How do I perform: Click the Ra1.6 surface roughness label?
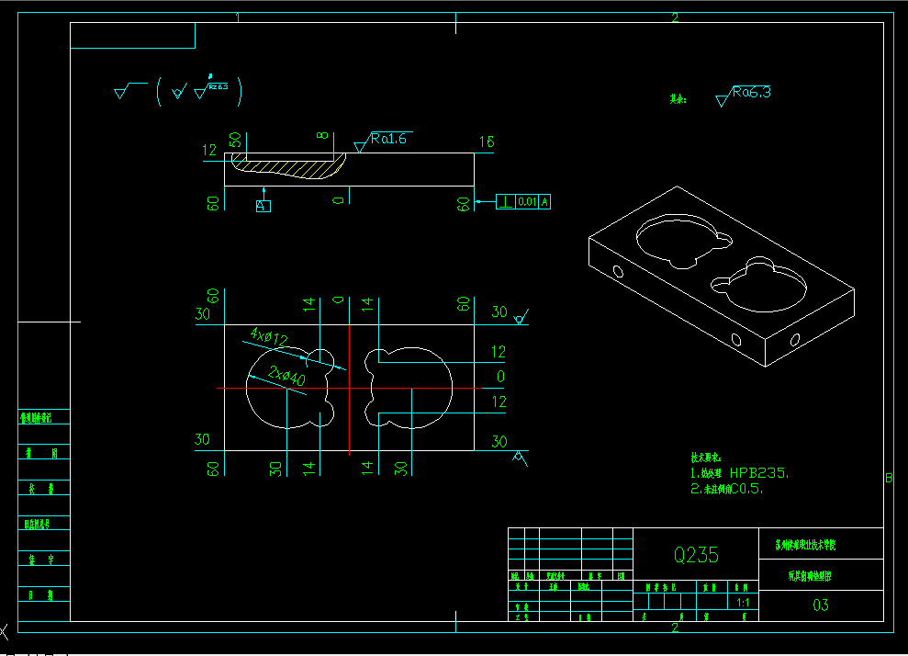click(387, 139)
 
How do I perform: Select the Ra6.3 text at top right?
click(751, 92)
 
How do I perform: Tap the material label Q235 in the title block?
click(696, 555)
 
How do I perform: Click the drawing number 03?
click(821, 605)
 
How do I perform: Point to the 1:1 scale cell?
click(743, 604)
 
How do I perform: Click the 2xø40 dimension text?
click(287, 374)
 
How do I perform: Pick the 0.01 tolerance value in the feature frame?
click(527, 201)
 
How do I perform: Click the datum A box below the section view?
click(263, 206)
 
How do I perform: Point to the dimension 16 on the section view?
click(487, 141)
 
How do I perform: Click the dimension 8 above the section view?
click(323, 136)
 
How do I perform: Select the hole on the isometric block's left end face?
click(617, 272)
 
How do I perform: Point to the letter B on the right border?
click(888, 478)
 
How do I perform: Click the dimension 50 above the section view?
click(235, 140)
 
